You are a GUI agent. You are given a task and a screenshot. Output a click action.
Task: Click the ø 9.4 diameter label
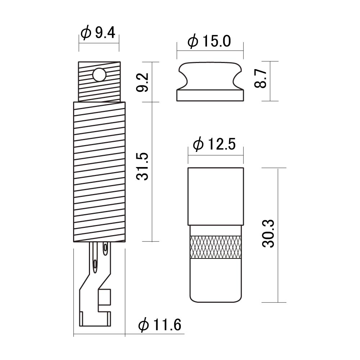pos(98,33)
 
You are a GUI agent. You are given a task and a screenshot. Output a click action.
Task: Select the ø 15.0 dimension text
pos(209,41)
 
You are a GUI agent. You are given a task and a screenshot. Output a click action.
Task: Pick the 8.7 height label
pos(261,79)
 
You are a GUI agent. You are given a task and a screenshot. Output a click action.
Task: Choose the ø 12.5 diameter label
pos(215,144)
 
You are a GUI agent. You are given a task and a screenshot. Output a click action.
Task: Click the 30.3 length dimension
pos(268,233)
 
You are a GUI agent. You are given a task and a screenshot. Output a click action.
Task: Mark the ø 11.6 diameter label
pos(160,324)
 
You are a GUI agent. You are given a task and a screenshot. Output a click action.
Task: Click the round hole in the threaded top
pos(99,75)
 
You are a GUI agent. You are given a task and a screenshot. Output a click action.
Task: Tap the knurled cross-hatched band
pos(216,247)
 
